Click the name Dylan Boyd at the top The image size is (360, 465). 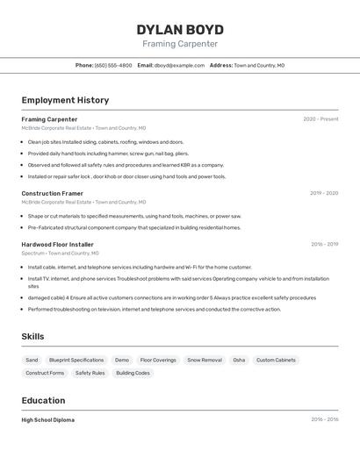tap(180, 30)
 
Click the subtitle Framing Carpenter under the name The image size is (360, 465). tap(180, 44)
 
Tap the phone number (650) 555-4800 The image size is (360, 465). tap(113, 65)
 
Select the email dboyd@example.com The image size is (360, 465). tap(179, 65)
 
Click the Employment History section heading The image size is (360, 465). tap(65, 100)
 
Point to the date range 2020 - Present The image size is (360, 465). tap(320, 119)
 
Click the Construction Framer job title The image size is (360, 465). tap(53, 193)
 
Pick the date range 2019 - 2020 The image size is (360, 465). tap(324, 193)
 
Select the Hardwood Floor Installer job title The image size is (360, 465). tap(58, 244)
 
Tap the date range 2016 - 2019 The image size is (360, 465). tap(324, 244)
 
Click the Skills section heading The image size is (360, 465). tap(33, 336)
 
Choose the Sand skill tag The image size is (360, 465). tap(32, 360)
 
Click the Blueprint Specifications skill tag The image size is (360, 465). tap(76, 360)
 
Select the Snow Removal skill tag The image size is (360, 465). tap(205, 360)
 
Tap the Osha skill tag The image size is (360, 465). tap(239, 360)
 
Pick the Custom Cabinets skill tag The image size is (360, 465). tap(276, 360)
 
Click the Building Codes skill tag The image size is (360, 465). tap(133, 373)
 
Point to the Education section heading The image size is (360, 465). tap(43, 400)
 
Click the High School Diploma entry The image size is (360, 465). tap(48, 419)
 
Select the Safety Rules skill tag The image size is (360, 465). tap(90, 373)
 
